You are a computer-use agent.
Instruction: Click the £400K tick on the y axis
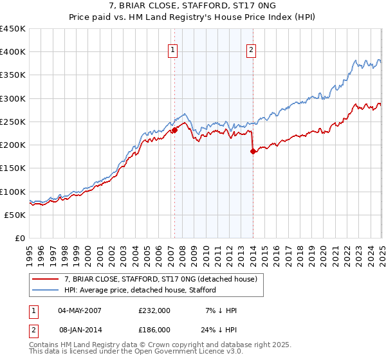(13, 52)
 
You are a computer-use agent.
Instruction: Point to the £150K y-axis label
(13, 168)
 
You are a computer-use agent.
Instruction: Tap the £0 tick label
(20, 238)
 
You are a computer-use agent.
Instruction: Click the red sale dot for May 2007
(174, 130)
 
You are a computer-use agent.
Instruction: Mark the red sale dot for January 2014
(253, 151)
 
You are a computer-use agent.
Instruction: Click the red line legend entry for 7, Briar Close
(161, 279)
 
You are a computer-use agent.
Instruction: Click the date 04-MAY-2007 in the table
(81, 310)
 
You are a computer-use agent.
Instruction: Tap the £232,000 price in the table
(154, 310)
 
